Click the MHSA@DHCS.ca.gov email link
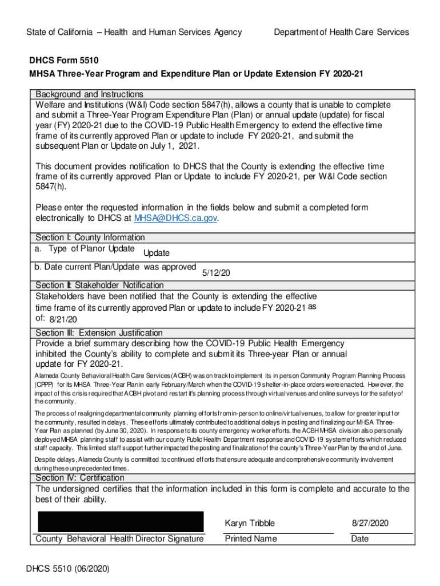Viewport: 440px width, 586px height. point(175,218)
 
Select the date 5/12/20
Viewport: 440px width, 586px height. point(216,273)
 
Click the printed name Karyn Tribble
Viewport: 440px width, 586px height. point(250,523)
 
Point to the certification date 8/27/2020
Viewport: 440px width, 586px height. point(370,523)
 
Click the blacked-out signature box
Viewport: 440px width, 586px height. point(121,522)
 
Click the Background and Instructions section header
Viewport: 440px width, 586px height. point(89,94)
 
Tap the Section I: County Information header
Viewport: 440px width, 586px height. point(90,237)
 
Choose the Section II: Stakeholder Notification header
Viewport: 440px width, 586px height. point(99,285)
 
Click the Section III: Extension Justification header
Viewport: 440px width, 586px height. point(99,333)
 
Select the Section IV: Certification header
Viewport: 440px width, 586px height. point(80,478)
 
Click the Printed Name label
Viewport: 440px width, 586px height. point(251,539)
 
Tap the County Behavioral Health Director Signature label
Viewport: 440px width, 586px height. point(119,539)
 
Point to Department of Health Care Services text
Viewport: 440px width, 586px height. point(341,32)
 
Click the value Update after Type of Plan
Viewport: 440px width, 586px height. point(156,253)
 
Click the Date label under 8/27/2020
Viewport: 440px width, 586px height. point(360,539)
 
